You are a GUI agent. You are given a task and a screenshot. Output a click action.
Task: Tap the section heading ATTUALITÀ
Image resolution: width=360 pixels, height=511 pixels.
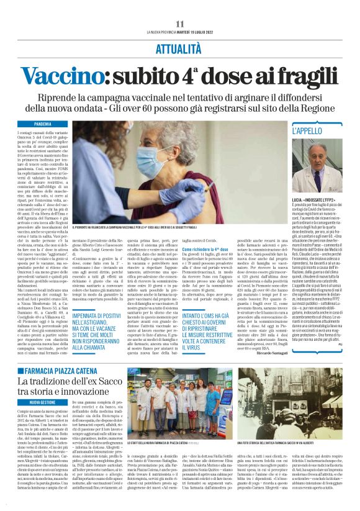180,47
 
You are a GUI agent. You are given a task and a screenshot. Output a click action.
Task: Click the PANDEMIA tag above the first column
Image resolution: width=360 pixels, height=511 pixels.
51,124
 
